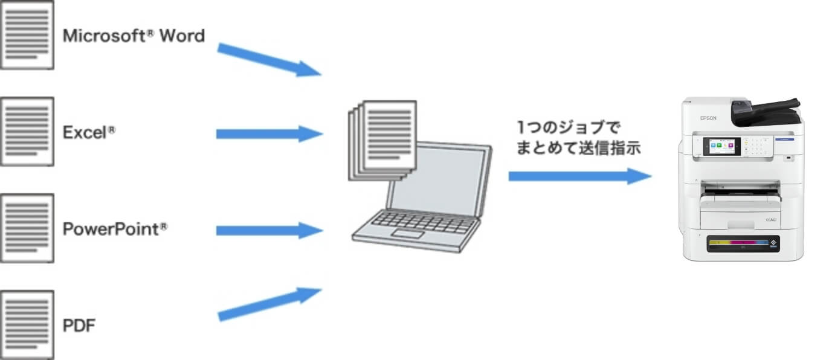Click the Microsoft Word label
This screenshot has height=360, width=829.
click(134, 36)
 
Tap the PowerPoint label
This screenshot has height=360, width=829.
click(115, 230)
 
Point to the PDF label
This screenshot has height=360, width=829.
click(79, 326)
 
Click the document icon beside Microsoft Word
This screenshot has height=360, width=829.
click(27, 34)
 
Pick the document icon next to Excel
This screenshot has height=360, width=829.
click(27, 131)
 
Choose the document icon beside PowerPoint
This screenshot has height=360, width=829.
click(27, 228)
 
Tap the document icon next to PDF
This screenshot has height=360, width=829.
click(27, 324)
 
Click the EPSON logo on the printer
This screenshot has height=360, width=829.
click(708, 118)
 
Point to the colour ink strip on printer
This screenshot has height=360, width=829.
click(740, 243)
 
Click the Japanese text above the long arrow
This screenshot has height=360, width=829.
click(578, 138)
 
